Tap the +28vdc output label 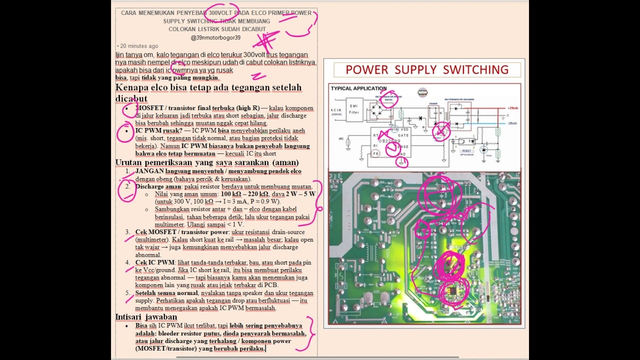(512, 108)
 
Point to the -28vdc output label (512, 123)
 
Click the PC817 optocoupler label (467, 150)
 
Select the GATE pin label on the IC (403, 135)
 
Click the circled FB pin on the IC (375, 153)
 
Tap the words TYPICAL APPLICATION (358, 88)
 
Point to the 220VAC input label (336, 114)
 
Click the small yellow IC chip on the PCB (452, 290)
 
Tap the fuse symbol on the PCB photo (341, 276)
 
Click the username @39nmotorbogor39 (215, 37)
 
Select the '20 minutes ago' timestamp (138, 46)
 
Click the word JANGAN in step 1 (149, 171)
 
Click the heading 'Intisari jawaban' (146, 316)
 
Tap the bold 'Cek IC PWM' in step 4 (154, 262)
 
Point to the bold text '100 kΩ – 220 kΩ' (244, 194)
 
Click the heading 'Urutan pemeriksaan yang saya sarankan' (206, 162)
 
